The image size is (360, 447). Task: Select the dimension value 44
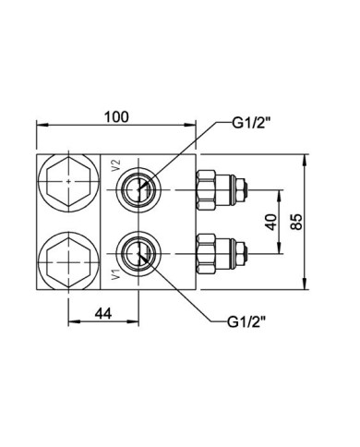[102, 313]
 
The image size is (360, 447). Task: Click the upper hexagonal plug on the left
[68, 186]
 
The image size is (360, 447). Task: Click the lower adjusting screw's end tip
[245, 251]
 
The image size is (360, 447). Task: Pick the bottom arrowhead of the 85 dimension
[306, 287]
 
